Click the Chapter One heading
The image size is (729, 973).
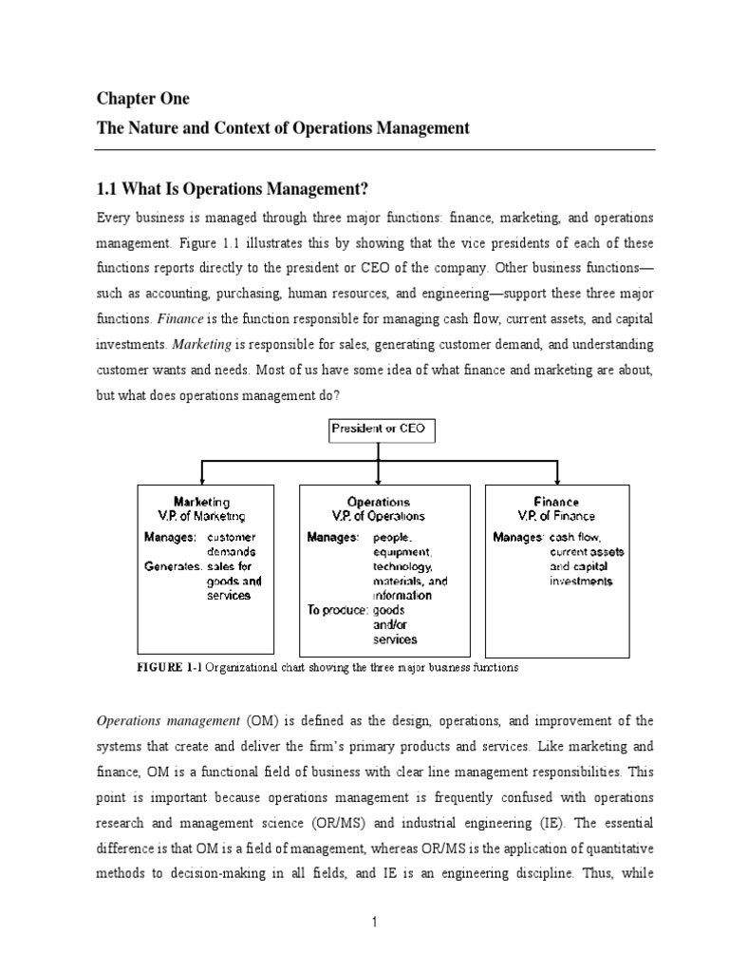142,99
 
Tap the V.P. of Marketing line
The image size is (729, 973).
201,516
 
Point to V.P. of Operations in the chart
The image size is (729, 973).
379,516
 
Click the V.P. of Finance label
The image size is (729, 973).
556,516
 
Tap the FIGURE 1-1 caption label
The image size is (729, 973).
169,668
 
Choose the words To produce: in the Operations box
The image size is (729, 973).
337,610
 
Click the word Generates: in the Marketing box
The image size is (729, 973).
174,566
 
